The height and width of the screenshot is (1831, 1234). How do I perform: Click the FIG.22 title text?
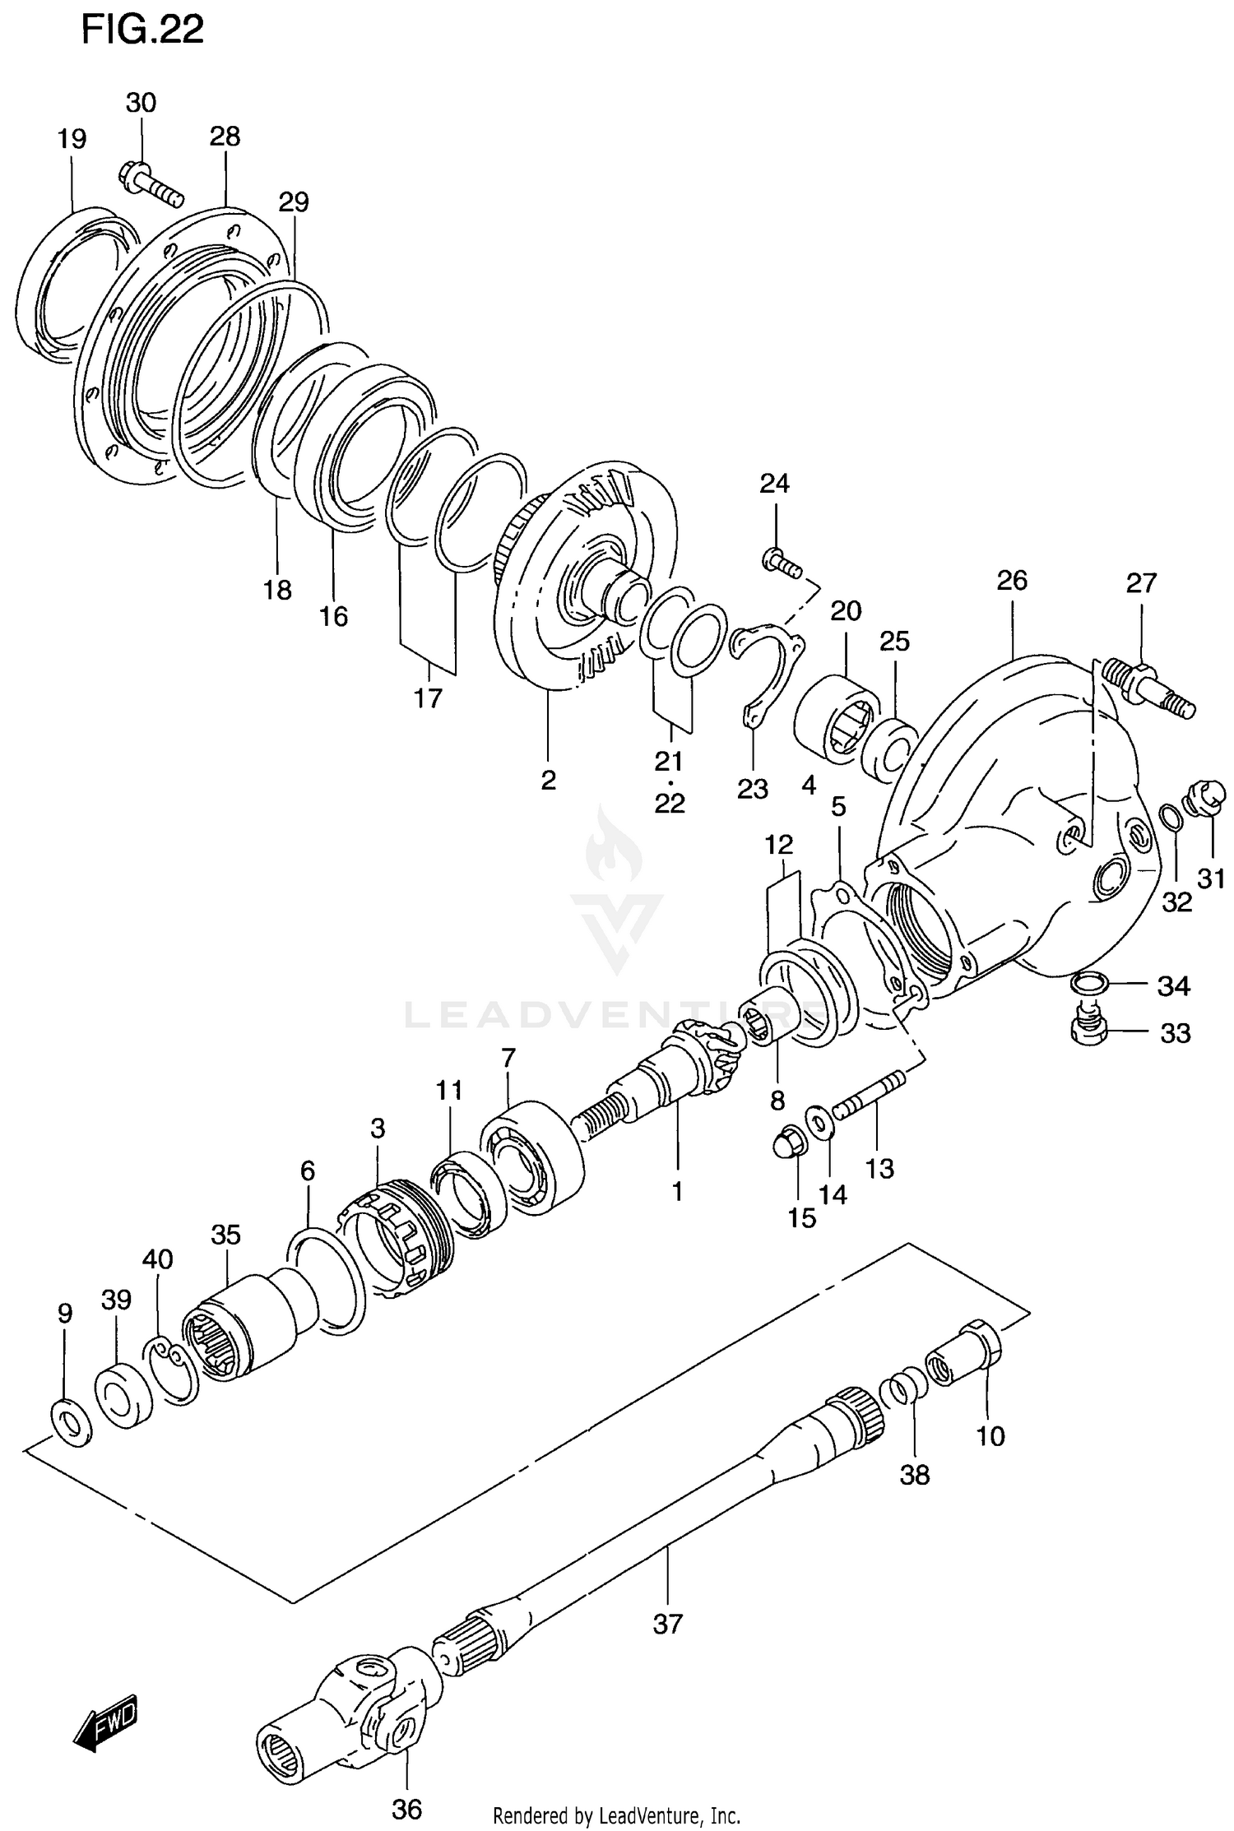142,30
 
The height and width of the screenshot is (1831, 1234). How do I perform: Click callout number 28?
225,137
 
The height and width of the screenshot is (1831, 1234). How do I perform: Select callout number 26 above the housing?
1012,581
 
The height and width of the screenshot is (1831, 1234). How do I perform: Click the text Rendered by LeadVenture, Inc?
617,1815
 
